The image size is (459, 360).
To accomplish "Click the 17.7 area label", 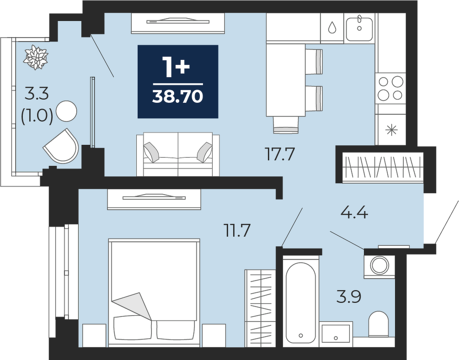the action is (279, 154).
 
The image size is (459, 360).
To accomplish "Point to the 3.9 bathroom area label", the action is (349, 297).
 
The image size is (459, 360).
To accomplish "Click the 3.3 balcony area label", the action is (37, 94).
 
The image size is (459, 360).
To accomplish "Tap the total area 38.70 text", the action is (178, 96).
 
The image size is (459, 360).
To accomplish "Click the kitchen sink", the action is (359, 29).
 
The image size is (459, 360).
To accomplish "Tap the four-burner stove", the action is (391, 88).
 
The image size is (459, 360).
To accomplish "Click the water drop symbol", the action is (332, 27).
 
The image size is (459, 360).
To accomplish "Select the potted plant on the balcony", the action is (36, 58).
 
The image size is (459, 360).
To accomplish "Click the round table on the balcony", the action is (66, 111).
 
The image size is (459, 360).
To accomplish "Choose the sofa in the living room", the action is (178, 154).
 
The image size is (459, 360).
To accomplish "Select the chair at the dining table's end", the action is (286, 125).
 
